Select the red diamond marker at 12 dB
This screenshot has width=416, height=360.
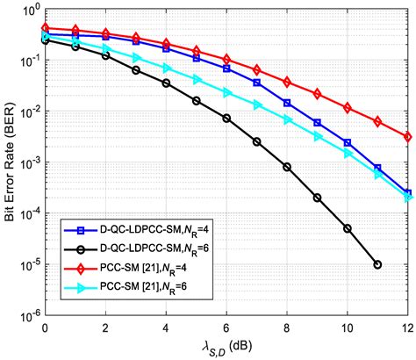[x=407, y=137]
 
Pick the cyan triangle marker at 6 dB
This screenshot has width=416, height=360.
[x=226, y=92]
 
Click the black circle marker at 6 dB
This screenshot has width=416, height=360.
[x=226, y=119]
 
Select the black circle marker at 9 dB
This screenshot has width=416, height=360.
[x=317, y=198]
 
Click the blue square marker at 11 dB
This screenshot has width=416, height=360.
[x=377, y=168]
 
